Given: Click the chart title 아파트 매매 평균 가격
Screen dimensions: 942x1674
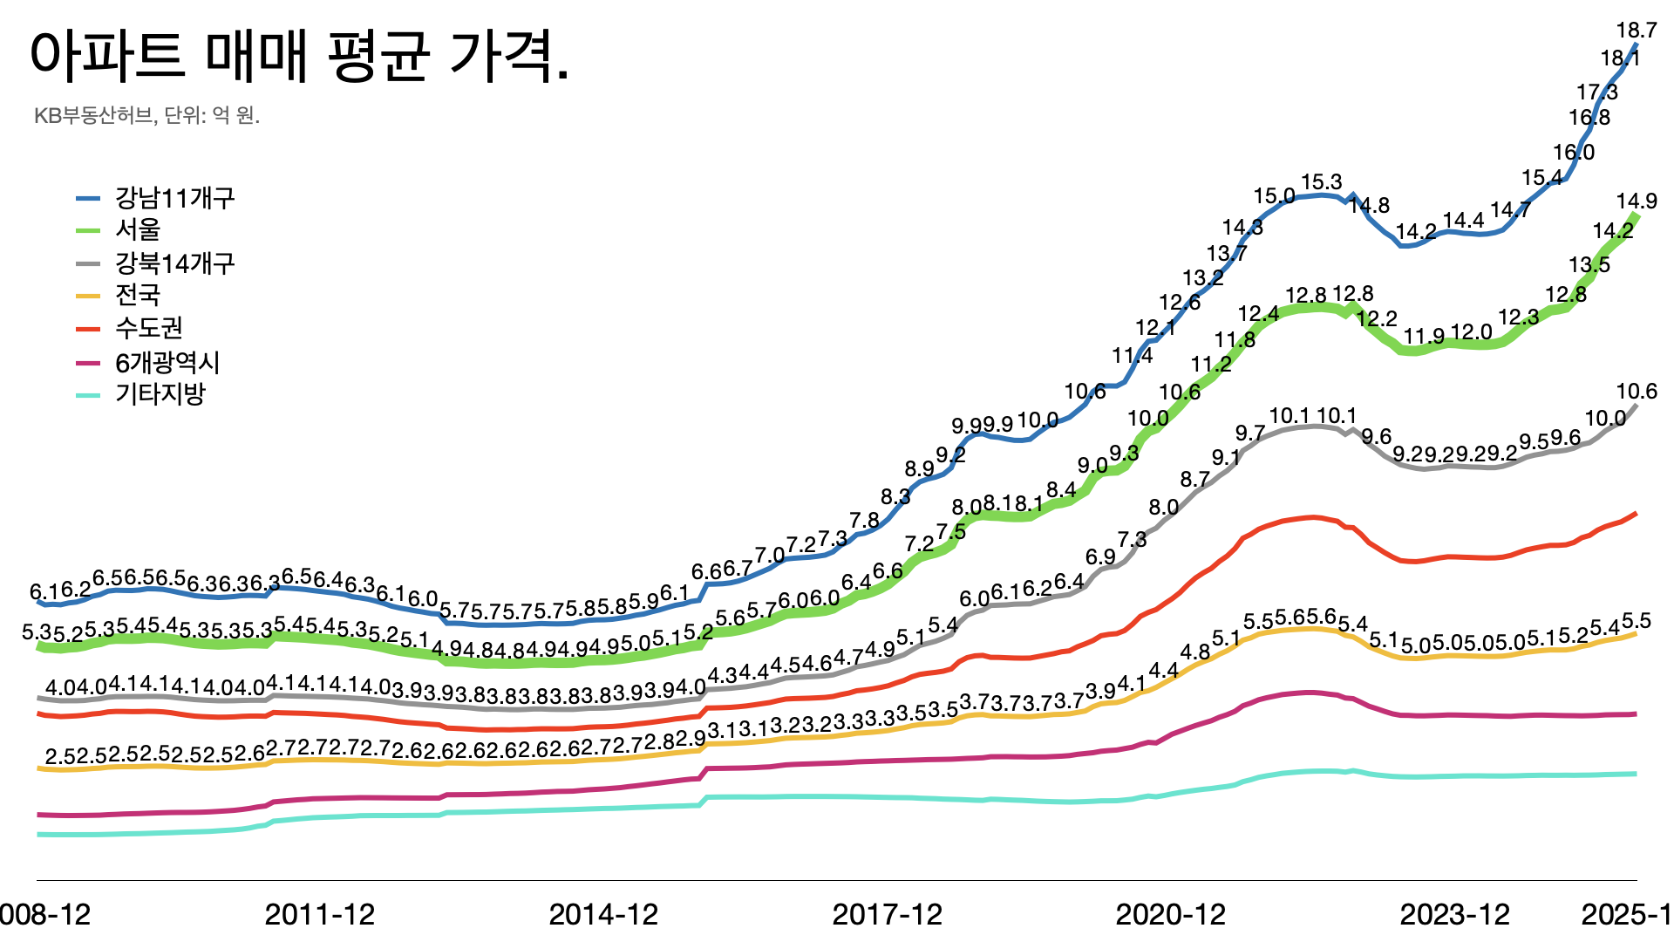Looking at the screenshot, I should [x=300, y=56].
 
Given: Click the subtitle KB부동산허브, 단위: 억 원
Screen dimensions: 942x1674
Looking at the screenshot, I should [x=146, y=115].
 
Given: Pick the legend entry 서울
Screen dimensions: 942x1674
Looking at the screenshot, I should [x=138, y=229].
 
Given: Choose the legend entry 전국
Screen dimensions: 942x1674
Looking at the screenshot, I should [x=138, y=295].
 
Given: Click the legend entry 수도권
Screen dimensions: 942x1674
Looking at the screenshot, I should [x=149, y=328].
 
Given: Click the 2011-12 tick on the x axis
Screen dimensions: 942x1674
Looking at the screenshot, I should [x=320, y=914].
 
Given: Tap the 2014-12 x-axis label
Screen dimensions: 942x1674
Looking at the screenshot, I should [x=603, y=914].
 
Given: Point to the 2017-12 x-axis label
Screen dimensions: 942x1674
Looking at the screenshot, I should [x=888, y=914].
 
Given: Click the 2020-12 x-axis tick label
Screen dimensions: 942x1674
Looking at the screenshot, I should [x=1171, y=914].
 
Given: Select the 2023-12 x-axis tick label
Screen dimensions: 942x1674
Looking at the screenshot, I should [x=1454, y=914].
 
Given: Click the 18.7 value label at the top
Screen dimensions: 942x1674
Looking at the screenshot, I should [x=1636, y=31].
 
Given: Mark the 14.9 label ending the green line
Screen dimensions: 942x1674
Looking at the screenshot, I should [x=1636, y=201].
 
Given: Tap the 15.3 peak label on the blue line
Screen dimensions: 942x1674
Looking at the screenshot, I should [x=1321, y=182].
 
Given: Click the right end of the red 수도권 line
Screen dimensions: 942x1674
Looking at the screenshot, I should [x=1635, y=514].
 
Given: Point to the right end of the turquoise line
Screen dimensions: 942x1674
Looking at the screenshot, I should [x=1635, y=774].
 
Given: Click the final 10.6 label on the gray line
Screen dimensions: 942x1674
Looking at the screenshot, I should [x=1636, y=392].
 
